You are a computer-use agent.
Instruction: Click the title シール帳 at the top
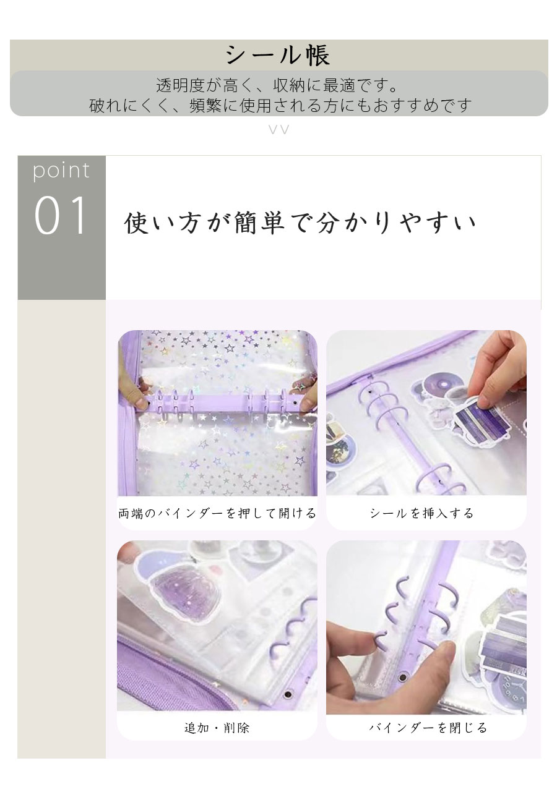[x=278, y=56]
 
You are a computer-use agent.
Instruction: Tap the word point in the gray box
[x=61, y=171]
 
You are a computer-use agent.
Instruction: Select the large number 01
[x=61, y=216]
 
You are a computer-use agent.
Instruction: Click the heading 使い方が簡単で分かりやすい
[x=300, y=223]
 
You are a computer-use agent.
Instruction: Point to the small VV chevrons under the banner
[x=279, y=129]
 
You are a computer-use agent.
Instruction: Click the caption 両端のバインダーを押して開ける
[x=217, y=513]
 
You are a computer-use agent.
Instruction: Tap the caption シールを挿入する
[x=421, y=513]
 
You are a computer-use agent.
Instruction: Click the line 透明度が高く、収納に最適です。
[x=277, y=85]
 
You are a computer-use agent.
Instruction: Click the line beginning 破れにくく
[x=280, y=105]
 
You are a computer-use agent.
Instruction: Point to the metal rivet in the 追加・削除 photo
[x=287, y=694]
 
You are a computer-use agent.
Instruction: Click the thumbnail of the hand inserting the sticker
[x=426, y=412]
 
